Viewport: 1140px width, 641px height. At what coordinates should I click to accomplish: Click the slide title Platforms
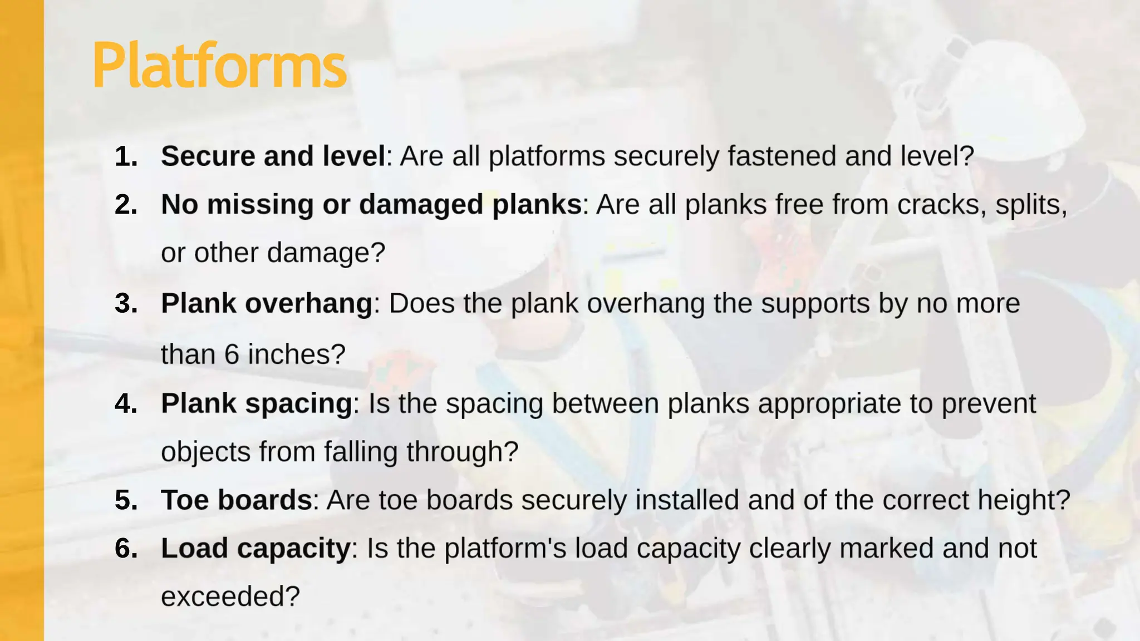point(219,66)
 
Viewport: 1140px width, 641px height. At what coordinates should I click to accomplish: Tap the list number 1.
point(126,156)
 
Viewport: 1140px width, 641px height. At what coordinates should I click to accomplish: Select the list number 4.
point(126,403)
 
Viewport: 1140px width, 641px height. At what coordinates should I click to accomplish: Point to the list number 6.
point(126,549)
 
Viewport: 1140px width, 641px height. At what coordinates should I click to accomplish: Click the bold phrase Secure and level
point(273,156)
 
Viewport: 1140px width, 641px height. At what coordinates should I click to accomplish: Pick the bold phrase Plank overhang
point(267,304)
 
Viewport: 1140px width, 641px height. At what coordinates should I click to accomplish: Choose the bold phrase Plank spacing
point(257,403)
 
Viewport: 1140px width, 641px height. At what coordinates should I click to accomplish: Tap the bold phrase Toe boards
point(237,500)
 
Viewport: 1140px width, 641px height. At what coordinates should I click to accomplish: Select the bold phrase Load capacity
point(255,549)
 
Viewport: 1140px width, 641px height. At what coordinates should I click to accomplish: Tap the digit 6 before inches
point(232,354)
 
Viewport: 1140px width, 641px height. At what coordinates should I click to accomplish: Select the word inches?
point(297,354)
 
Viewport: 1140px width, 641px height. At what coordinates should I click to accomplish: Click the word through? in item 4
point(462,452)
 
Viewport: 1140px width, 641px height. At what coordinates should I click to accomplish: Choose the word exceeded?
point(230,597)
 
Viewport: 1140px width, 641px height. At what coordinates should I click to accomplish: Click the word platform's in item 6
point(505,549)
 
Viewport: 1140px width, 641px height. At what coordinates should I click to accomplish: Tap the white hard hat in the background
point(1019,95)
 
